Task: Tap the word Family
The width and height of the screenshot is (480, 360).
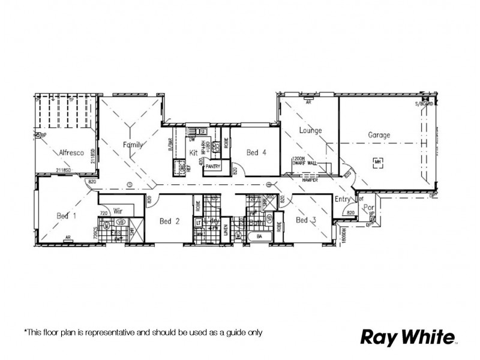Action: (133, 145)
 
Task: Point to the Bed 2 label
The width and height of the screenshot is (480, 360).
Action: (170, 221)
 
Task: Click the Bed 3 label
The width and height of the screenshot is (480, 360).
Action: (306, 221)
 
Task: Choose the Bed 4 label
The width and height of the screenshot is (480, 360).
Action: (256, 153)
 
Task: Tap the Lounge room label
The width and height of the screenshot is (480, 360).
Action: (310, 130)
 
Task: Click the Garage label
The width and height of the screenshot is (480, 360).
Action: (379, 136)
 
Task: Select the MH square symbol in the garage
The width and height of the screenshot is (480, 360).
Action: (377, 161)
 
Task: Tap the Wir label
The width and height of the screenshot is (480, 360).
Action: (118, 211)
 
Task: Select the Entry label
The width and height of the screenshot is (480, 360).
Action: (343, 199)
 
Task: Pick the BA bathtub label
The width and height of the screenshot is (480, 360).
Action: (260, 236)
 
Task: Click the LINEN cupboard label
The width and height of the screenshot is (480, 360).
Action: (226, 231)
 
